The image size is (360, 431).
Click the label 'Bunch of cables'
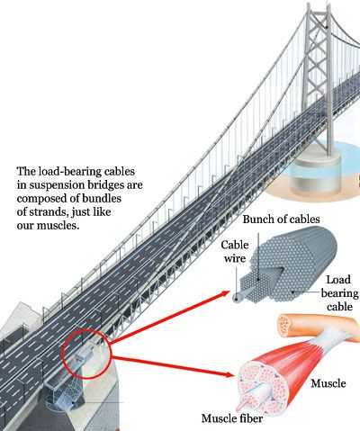[x=281, y=220]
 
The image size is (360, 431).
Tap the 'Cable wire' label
[x=235, y=251]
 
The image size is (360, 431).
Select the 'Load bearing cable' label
[x=339, y=293]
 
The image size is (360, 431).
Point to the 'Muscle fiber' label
[x=232, y=418]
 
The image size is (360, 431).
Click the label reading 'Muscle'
[x=328, y=383]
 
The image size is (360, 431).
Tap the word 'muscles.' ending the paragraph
[x=58, y=226]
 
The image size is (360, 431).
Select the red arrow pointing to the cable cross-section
[x=170, y=317]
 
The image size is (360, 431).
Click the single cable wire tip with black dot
[x=238, y=297]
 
